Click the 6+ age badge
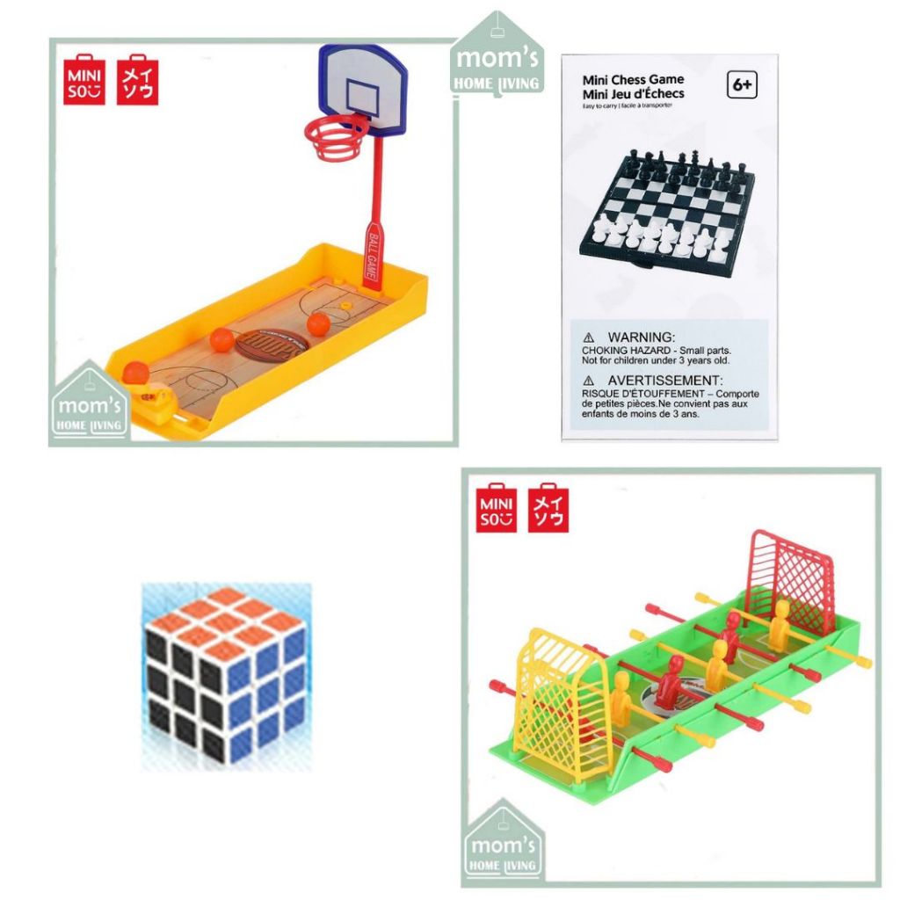click(x=742, y=86)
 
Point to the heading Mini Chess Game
click(x=633, y=79)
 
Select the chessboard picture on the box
click(x=664, y=208)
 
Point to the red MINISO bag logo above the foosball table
click(x=497, y=507)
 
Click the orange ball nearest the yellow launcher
click(x=136, y=373)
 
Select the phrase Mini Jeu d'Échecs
click(x=633, y=94)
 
